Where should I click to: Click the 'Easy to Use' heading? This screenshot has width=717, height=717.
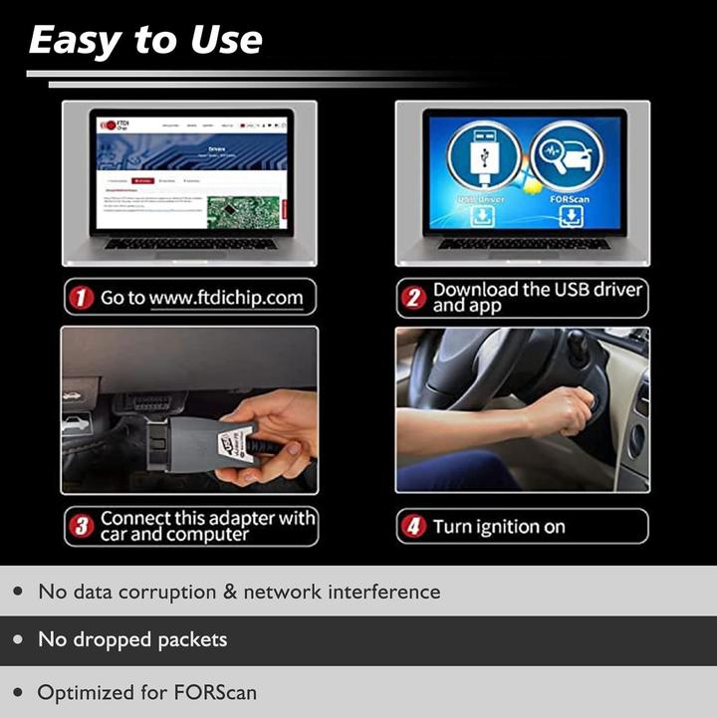pyautogui.click(x=145, y=40)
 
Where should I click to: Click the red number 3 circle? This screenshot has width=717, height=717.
pyautogui.click(x=82, y=527)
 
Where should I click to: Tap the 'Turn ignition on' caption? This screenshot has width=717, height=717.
pyautogui.click(x=498, y=527)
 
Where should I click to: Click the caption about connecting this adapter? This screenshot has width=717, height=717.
pyautogui.click(x=207, y=526)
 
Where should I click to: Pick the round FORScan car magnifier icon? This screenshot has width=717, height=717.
pyautogui.click(x=565, y=154)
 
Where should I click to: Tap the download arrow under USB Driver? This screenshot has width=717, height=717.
pyautogui.click(x=482, y=217)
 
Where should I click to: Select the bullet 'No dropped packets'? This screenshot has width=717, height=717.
pyautogui.click(x=132, y=639)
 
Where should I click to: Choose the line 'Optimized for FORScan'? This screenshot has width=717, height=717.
pyautogui.click(x=146, y=692)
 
